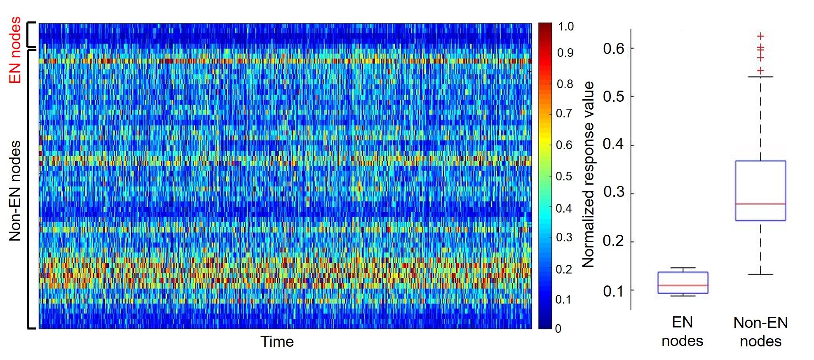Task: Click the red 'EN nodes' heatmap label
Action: [15, 50]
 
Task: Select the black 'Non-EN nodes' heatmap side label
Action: [15, 191]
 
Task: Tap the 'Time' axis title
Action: [277, 341]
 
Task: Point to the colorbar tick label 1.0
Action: [565, 27]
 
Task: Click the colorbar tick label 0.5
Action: [564, 176]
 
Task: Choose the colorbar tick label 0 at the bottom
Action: [558, 328]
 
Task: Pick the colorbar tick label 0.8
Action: [565, 84]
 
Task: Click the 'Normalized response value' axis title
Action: [589, 174]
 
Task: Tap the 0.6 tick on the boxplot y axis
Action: [613, 49]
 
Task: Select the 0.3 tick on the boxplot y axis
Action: [613, 192]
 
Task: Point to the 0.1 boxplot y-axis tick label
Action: [613, 291]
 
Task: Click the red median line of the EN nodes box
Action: [683, 285]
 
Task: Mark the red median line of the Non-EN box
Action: [760, 204]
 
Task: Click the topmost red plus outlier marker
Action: [760, 36]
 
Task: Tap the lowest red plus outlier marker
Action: [760, 71]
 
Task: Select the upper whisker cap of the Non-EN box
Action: [760, 77]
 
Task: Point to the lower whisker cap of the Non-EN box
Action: [760, 274]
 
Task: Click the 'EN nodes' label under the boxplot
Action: [682, 332]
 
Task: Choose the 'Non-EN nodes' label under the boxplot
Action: [760, 332]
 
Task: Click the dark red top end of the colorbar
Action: [545, 26]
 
